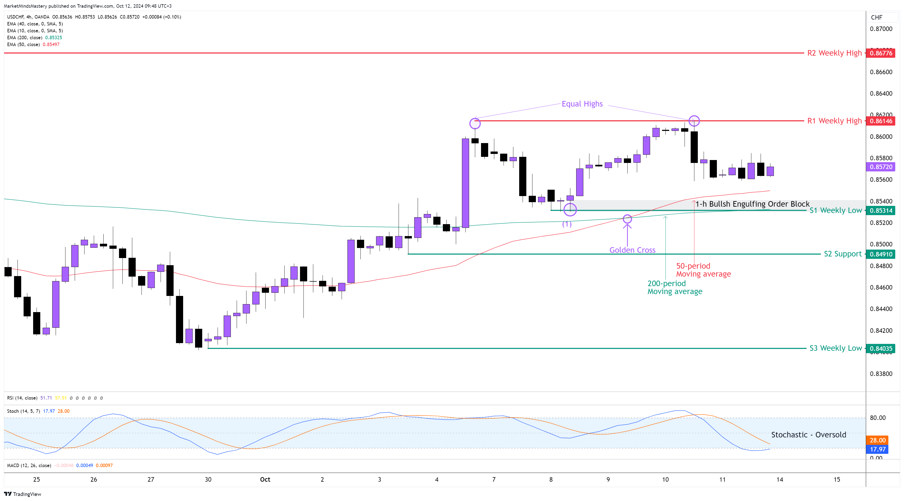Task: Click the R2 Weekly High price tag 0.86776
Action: pyautogui.click(x=881, y=53)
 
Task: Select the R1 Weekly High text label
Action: pyautogui.click(x=834, y=121)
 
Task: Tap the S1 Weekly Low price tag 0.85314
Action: pyautogui.click(x=881, y=211)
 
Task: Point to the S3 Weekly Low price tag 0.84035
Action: pyautogui.click(x=881, y=348)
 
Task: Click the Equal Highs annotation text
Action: pyautogui.click(x=582, y=104)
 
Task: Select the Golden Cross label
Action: pyautogui.click(x=632, y=250)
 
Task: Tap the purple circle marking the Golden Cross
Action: pyautogui.click(x=627, y=219)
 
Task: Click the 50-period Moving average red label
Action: pyautogui.click(x=703, y=270)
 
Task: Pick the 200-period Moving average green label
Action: pyautogui.click(x=674, y=287)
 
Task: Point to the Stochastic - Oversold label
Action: pyautogui.click(x=808, y=435)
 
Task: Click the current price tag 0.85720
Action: pyautogui.click(x=881, y=167)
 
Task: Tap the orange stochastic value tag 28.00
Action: pyautogui.click(x=877, y=440)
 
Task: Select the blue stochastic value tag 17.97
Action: pyautogui.click(x=877, y=449)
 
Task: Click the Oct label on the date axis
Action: pyautogui.click(x=265, y=479)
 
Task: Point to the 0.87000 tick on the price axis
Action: pyautogui.click(x=881, y=29)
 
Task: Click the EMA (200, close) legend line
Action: pyautogui.click(x=34, y=38)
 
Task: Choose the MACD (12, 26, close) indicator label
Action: pyautogui.click(x=29, y=465)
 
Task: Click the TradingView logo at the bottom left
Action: pyautogui.click(x=23, y=494)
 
